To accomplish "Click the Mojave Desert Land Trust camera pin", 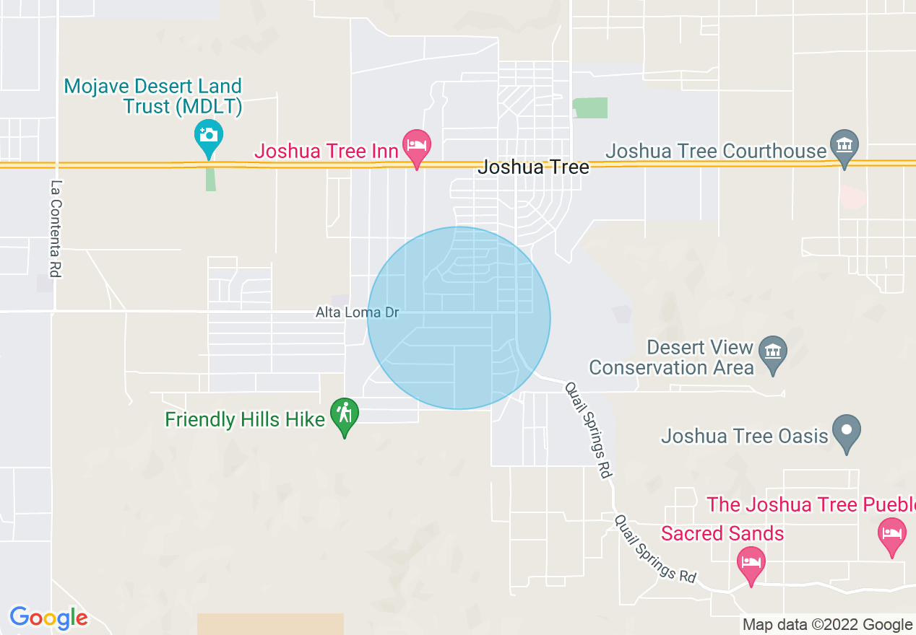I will coord(208,135).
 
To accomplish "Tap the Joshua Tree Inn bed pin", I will coord(417,144).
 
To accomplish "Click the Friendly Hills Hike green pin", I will coord(345,413).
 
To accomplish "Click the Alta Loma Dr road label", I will coord(357,313).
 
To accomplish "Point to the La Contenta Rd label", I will coord(55,228).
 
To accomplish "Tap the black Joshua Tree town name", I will coord(534,167).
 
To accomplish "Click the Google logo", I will coord(48,618).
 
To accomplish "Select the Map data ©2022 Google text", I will coord(827,625).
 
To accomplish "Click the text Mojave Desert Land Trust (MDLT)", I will coord(153,97).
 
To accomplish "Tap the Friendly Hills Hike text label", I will coord(245,419).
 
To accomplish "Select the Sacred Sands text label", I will coord(722,533).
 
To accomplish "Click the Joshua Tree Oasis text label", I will coord(745,436).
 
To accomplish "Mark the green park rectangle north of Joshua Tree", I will coord(591,108).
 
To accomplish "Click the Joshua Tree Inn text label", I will coord(327,152).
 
